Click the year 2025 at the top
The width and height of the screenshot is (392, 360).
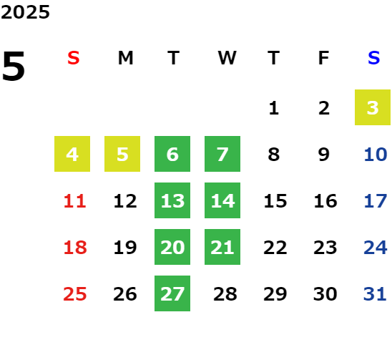click(x=25, y=12)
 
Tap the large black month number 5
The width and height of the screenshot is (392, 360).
click(x=14, y=66)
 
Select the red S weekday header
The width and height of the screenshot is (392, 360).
click(x=74, y=58)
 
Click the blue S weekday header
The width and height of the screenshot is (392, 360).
click(x=374, y=58)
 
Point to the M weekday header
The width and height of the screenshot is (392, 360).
click(x=125, y=58)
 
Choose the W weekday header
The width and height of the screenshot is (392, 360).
click(x=227, y=58)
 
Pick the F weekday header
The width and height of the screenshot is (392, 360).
click(x=324, y=58)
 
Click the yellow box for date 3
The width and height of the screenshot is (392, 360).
click(x=373, y=107)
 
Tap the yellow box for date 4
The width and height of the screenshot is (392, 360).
click(x=72, y=154)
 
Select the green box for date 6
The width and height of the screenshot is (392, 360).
click(x=172, y=154)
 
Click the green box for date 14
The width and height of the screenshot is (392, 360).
click(x=222, y=200)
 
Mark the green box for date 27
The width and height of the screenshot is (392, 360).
click(x=172, y=293)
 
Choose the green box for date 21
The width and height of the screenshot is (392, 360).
click(x=222, y=247)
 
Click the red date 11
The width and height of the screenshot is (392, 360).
click(x=75, y=201)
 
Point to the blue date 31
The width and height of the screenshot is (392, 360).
click(x=375, y=294)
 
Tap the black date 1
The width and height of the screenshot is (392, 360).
click(x=274, y=108)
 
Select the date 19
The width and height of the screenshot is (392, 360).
click(x=125, y=248)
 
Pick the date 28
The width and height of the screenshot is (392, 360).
click(x=225, y=294)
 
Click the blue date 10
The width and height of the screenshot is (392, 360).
click(x=376, y=155)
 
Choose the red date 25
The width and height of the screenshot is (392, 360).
click(x=75, y=294)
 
